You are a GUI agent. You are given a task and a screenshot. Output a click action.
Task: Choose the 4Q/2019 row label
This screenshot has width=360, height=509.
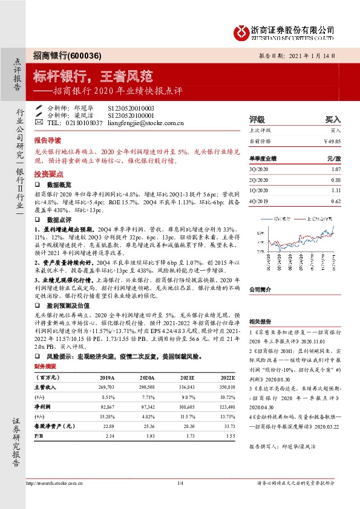tap(259, 200)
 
